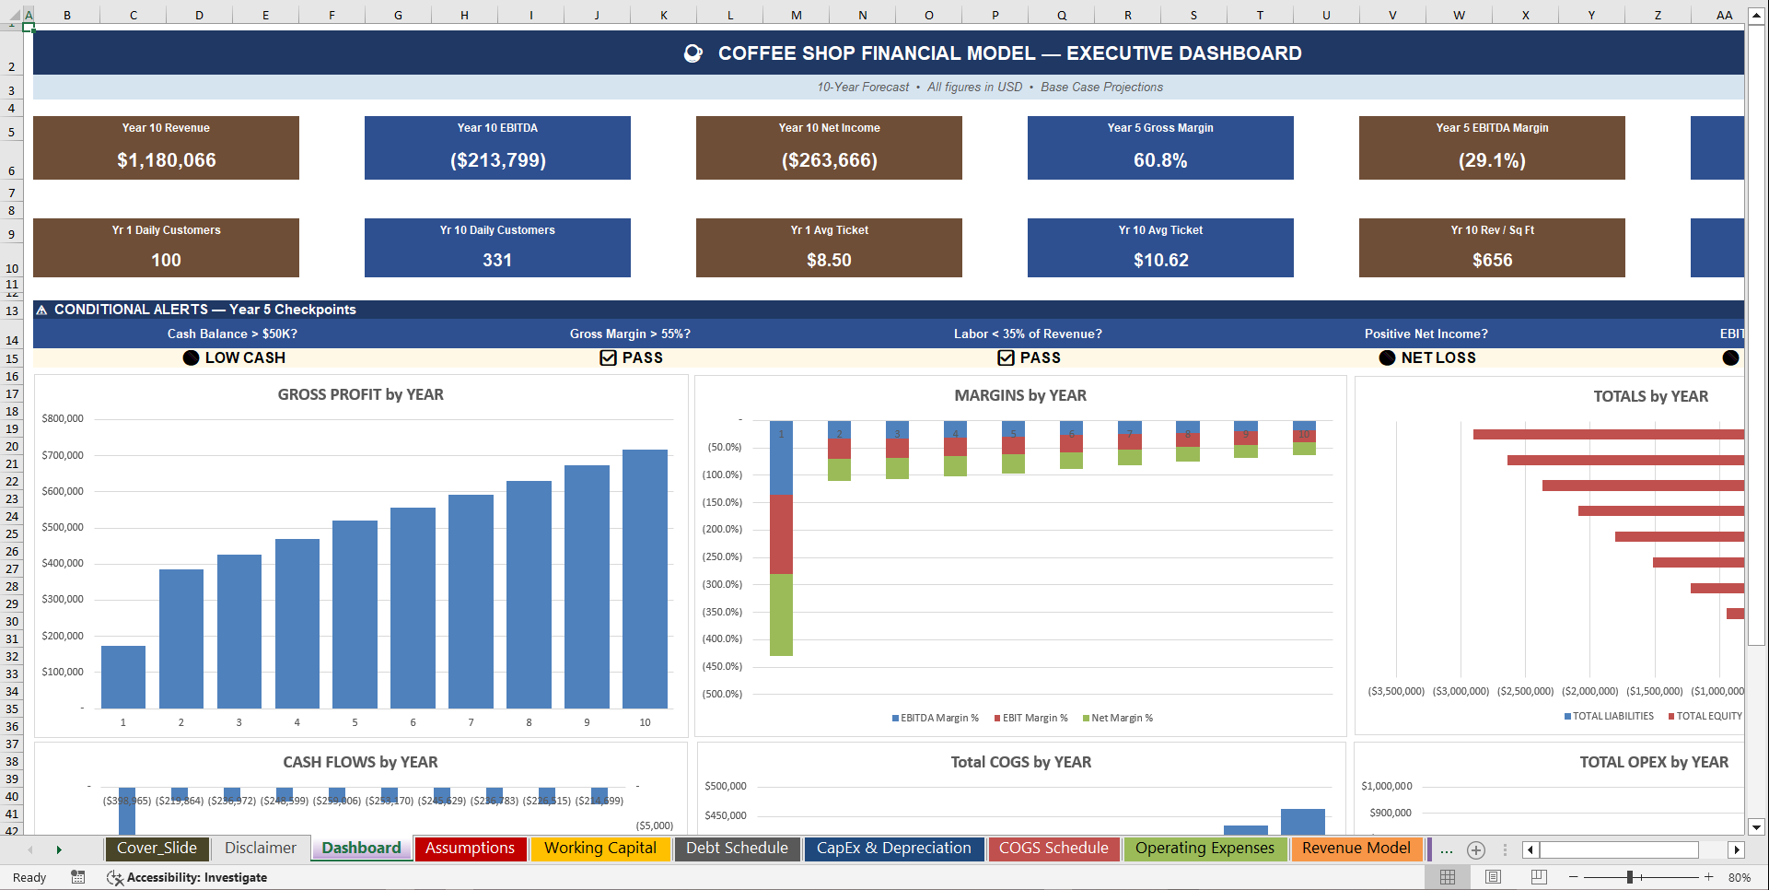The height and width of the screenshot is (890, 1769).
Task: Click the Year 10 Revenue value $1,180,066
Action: coord(166,160)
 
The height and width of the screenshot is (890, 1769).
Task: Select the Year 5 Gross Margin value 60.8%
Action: coord(1160,160)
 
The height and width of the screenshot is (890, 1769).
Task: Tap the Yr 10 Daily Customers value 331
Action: coord(497,260)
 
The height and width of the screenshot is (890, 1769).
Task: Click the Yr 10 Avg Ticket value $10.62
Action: coord(1160,260)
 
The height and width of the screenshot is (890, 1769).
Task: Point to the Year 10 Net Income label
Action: coord(829,128)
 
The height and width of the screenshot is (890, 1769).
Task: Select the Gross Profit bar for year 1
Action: coord(123,676)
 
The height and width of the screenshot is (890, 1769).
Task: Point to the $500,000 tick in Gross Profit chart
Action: coord(63,527)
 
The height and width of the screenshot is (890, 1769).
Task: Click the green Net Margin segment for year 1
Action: coord(781,615)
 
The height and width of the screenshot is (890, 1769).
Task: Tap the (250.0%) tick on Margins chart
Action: coord(722,556)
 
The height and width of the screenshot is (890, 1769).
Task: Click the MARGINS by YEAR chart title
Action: coord(1019,395)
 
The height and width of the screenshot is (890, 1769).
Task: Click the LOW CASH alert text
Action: coord(245,357)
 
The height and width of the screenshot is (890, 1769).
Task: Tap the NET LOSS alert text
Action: coord(1437,357)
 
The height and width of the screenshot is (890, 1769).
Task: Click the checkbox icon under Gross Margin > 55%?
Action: coord(608,357)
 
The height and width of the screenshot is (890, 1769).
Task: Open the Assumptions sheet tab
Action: coord(470,848)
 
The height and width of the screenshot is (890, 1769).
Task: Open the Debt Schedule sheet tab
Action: coord(737,848)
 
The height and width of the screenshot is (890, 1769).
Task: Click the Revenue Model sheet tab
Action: coord(1356,848)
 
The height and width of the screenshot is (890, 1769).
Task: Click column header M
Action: coord(796,15)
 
